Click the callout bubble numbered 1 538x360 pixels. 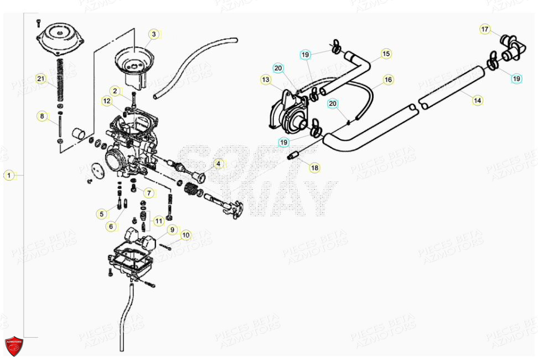8,175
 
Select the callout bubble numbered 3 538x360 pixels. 154,34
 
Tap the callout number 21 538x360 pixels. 40,78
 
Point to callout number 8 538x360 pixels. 42,116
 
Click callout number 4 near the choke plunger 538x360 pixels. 218,164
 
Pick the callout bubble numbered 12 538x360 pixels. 106,101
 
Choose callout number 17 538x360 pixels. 485,29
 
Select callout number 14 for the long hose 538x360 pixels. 477,100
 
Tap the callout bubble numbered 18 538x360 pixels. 314,168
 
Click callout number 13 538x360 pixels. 266,80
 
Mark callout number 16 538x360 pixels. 388,80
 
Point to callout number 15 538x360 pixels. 386,54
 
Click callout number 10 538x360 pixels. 185,235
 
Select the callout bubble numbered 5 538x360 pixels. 101,213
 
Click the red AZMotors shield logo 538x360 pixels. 14,346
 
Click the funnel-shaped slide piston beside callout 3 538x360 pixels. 131,64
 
